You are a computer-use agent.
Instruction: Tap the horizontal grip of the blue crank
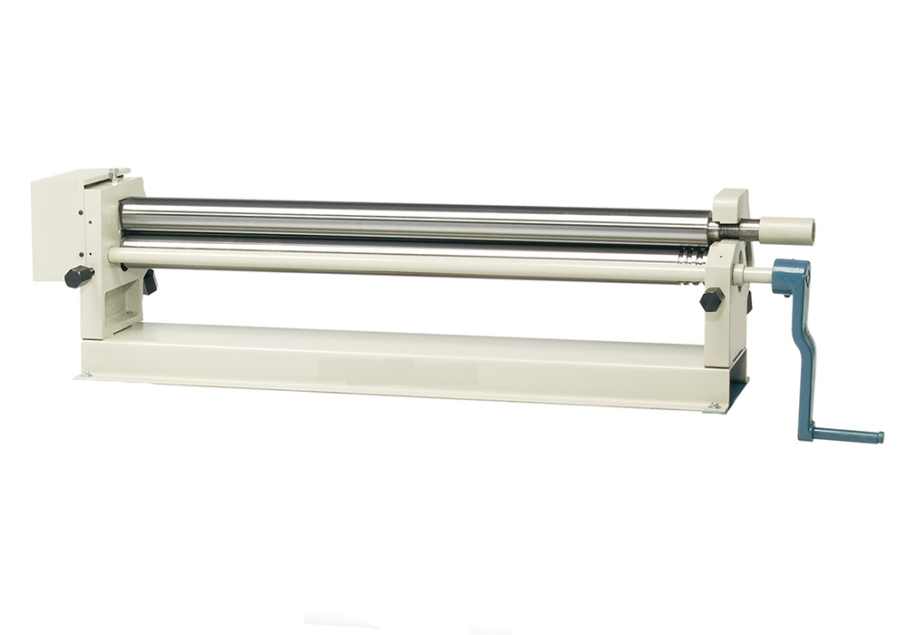click(848, 435)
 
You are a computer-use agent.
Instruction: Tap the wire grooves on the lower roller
click(692, 255)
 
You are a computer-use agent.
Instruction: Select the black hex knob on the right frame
click(712, 300)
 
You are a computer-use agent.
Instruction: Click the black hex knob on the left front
click(79, 276)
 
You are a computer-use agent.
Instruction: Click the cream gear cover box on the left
click(59, 227)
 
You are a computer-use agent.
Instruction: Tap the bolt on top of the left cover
click(113, 173)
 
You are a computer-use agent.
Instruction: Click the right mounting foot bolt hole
click(714, 406)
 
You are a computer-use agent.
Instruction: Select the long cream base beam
click(399, 358)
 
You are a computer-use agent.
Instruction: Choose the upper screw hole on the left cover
click(80, 216)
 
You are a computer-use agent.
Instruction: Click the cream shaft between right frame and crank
click(755, 274)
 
